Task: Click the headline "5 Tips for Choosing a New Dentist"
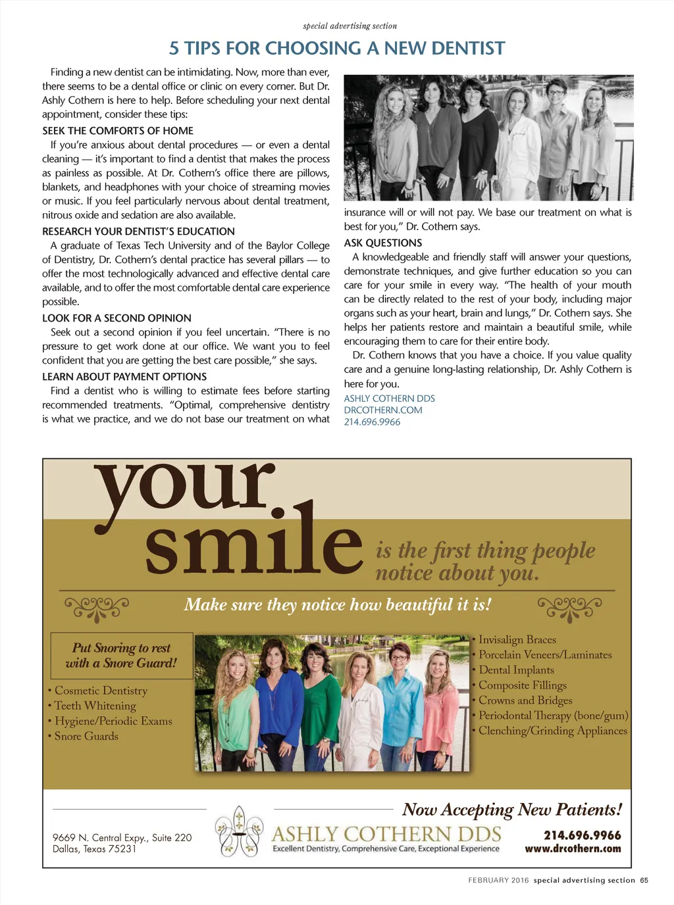coord(337,49)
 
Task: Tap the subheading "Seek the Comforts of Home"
coord(118,131)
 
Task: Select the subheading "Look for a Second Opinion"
coord(117,318)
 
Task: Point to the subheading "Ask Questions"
coord(382,243)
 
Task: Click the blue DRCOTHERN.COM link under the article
coord(383,410)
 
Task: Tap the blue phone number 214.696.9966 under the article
coord(372,422)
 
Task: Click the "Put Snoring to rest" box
coord(122,656)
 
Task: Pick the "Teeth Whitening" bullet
coord(95,706)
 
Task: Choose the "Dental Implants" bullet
coord(516,670)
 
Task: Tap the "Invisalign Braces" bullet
coord(517,640)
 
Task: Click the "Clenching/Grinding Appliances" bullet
coord(553,731)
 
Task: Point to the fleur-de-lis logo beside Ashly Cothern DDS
coord(240,831)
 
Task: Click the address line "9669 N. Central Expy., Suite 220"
coord(122,838)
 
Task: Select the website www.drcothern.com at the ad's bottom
coord(573,849)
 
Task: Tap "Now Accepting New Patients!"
coord(512,810)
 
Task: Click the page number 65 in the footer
coord(644,881)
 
